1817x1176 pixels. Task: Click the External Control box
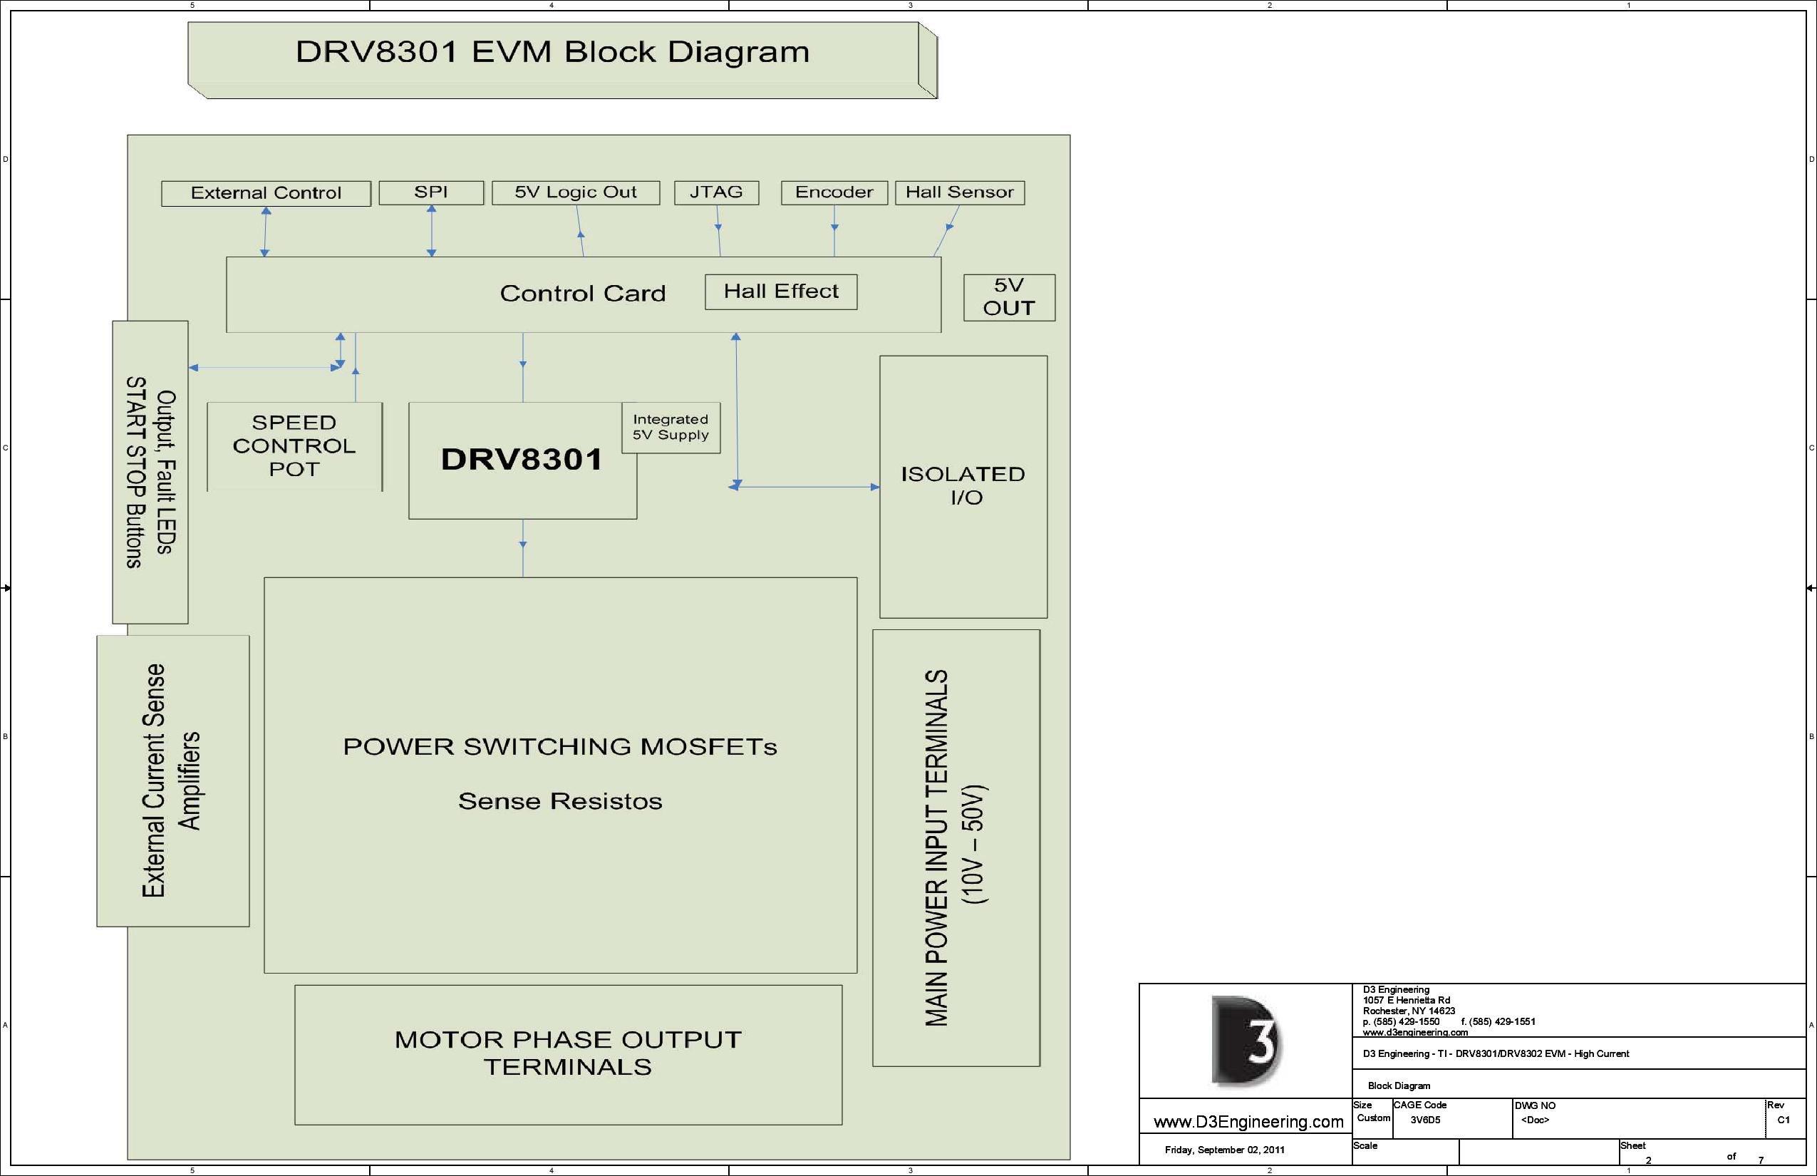pos(266,193)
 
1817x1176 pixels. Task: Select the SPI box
pos(430,192)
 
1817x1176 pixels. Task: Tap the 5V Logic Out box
pos(576,192)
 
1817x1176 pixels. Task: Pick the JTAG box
pos(716,192)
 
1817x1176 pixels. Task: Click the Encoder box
pos(834,192)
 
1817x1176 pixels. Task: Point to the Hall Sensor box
pos(960,192)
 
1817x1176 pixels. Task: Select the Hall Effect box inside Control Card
pos(780,292)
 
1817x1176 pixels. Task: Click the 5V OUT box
pos(1008,297)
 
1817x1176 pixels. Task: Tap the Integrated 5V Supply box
pos(671,428)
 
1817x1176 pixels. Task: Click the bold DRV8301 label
pos(522,460)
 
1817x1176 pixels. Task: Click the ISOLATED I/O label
pos(963,485)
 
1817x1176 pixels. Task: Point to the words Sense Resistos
pos(559,801)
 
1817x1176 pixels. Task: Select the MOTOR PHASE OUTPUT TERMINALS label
pos(568,1053)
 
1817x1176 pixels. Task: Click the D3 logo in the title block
pos(1246,1041)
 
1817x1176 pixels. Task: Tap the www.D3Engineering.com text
pos(1248,1122)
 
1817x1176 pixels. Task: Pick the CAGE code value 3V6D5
pos(1424,1120)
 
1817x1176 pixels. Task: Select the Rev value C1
pos(1784,1120)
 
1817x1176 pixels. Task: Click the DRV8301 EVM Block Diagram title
pos(552,52)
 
